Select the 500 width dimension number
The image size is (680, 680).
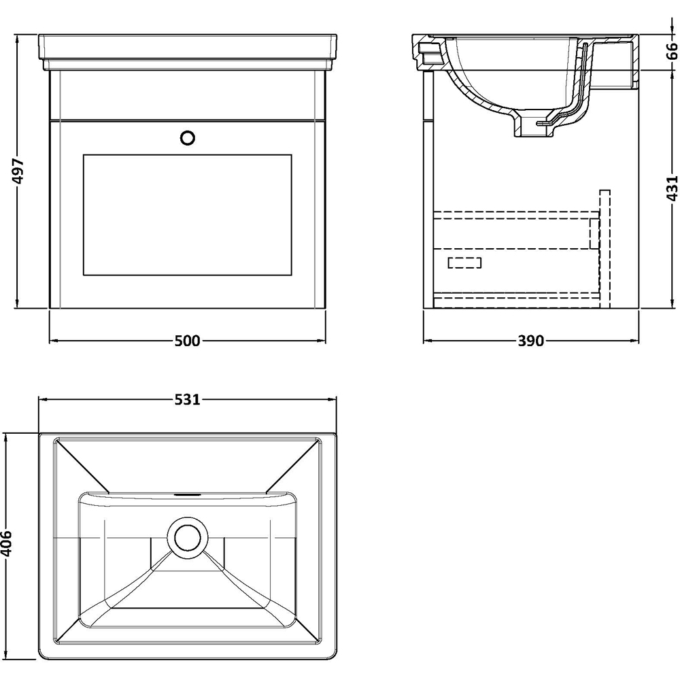pos(187,341)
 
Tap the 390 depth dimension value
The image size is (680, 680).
pos(531,341)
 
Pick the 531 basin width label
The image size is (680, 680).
pos(187,400)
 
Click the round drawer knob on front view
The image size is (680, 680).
pos(188,137)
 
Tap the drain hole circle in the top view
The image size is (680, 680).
pos(188,537)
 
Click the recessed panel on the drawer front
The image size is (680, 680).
pos(187,215)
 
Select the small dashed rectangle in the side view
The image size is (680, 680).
pos(464,263)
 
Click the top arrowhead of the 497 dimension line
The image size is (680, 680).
pos(18,36)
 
